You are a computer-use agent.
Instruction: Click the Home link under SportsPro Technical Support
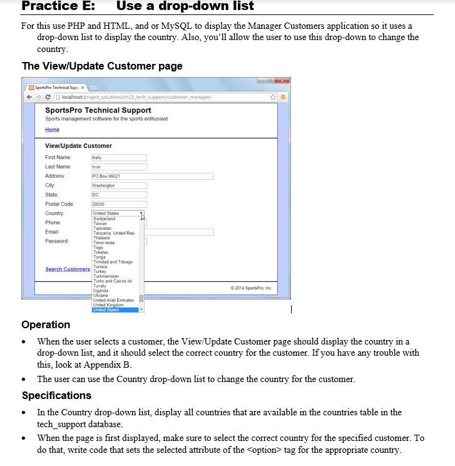(x=52, y=130)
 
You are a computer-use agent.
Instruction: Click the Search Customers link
(x=68, y=269)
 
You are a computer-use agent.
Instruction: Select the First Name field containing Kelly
(x=119, y=158)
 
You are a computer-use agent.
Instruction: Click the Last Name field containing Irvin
(x=119, y=167)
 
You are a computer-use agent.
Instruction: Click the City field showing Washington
(x=119, y=186)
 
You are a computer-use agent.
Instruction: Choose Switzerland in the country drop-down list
(x=105, y=219)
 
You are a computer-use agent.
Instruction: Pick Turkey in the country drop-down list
(x=100, y=271)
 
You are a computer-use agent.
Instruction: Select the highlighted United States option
(x=106, y=310)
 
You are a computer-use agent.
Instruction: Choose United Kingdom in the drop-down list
(x=108, y=305)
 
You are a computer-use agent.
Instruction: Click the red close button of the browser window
(x=282, y=81)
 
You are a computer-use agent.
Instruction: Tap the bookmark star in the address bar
(x=274, y=96)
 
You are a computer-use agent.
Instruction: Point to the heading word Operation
(x=46, y=324)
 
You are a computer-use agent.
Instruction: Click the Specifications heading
(x=56, y=395)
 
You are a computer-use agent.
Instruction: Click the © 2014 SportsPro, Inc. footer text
(x=251, y=288)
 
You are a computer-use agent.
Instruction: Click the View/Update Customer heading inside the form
(x=78, y=146)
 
